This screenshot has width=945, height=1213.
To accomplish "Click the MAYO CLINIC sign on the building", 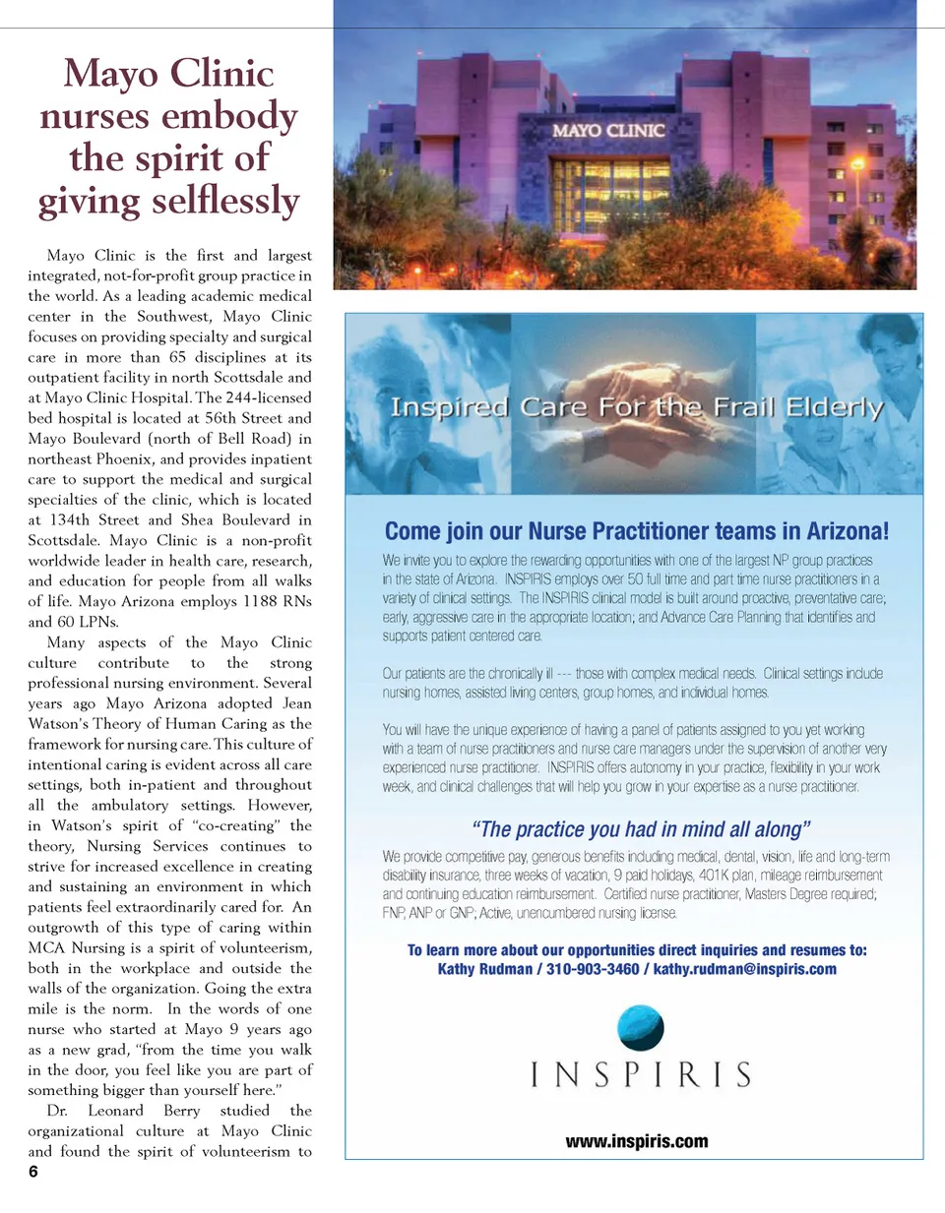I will (608, 131).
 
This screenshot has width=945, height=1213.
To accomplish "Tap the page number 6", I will (33, 1172).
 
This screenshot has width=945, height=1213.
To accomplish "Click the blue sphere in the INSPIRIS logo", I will (640, 1028).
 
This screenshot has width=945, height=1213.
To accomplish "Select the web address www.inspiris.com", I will (637, 1141).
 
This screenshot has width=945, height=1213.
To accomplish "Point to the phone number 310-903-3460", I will (593, 969).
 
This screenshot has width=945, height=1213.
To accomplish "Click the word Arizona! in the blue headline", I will (848, 531).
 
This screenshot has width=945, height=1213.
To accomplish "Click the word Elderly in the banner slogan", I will (835, 407).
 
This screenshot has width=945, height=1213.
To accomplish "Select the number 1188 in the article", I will (260, 601).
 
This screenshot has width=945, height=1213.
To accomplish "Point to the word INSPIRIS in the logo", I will (641, 1075).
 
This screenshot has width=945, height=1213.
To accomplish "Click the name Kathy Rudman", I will (485, 969).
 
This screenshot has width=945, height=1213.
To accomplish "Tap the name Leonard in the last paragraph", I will (115, 1111).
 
